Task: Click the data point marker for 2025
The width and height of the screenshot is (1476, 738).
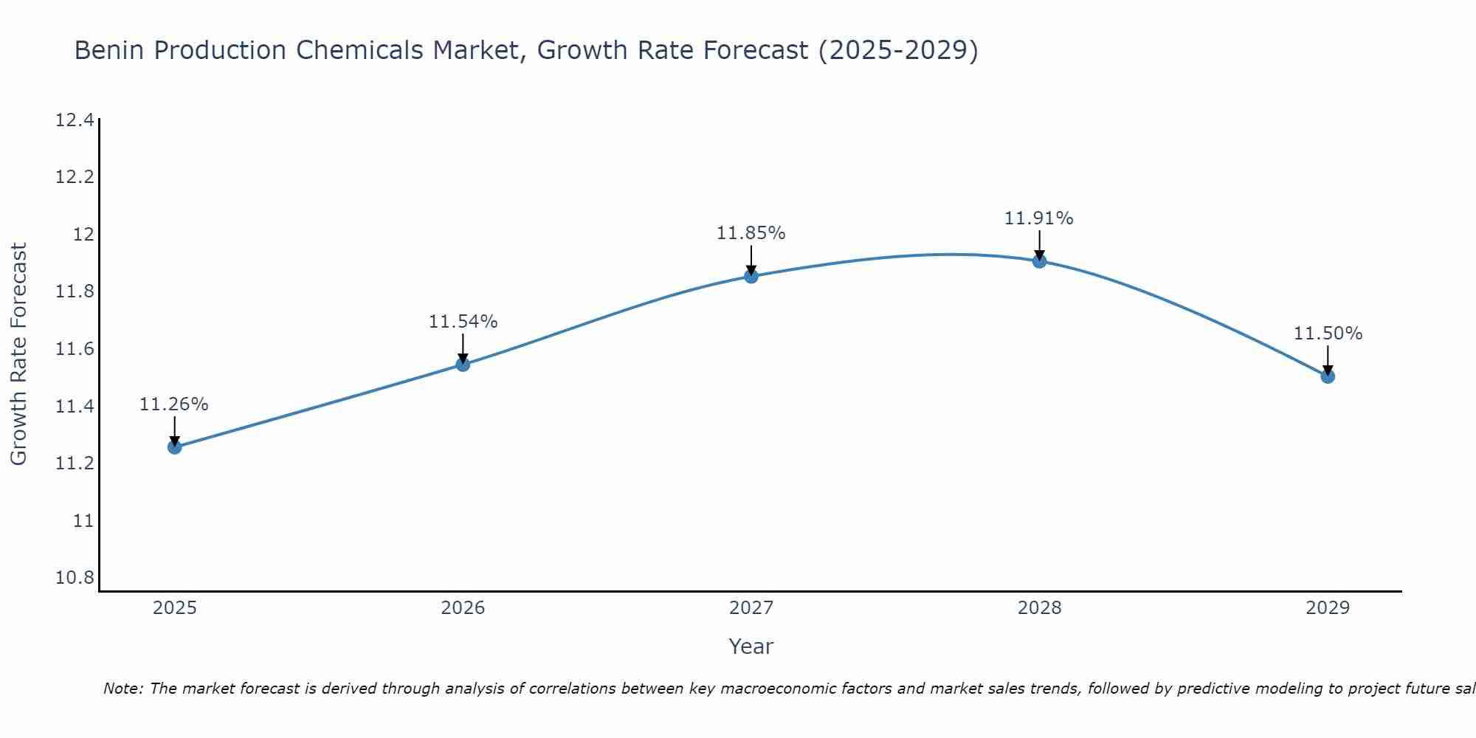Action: pyautogui.click(x=175, y=446)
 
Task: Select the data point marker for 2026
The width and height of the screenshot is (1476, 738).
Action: pyautogui.click(x=463, y=364)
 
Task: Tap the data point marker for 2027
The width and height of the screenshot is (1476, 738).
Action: pyautogui.click(x=751, y=276)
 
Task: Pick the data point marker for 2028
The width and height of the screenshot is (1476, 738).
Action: pyautogui.click(x=1039, y=261)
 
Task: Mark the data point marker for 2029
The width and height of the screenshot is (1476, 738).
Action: pyautogui.click(x=1328, y=376)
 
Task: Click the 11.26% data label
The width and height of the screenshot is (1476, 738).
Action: pyautogui.click(x=174, y=404)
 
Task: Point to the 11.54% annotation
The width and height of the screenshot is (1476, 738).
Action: pyautogui.click(x=463, y=322)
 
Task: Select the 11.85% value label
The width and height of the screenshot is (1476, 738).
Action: pyautogui.click(x=751, y=233)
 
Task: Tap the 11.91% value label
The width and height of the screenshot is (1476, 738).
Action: pyautogui.click(x=1038, y=218)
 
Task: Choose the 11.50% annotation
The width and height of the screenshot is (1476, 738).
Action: pyautogui.click(x=1328, y=334)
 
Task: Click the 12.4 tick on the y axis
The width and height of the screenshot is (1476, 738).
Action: pyautogui.click(x=75, y=120)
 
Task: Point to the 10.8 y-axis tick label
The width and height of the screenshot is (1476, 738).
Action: pyautogui.click(x=75, y=578)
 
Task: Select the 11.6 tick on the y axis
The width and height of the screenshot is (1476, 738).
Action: pyautogui.click(x=75, y=349)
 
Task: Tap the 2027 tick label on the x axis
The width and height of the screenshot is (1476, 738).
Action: pyautogui.click(x=751, y=608)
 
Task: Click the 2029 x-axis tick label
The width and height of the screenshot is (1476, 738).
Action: pyautogui.click(x=1328, y=608)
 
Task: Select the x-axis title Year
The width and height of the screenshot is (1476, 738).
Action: pyautogui.click(x=751, y=646)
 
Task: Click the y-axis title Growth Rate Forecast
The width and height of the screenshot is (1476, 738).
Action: pyautogui.click(x=18, y=354)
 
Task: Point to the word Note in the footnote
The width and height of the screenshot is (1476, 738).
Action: pyautogui.click(x=122, y=689)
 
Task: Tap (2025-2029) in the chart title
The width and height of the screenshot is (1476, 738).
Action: pyautogui.click(x=898, y=50)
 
